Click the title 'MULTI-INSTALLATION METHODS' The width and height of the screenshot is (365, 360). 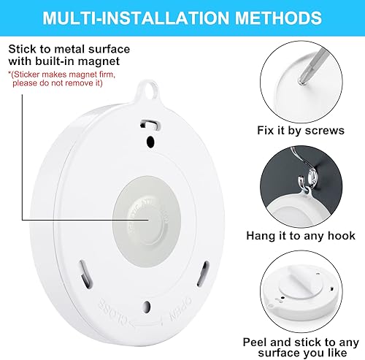tap(182, 16)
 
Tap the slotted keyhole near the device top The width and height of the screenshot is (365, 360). tap(150, 123)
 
